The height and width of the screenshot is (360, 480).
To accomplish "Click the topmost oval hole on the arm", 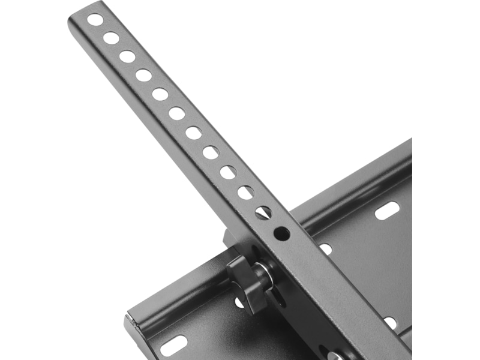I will click(95, 20).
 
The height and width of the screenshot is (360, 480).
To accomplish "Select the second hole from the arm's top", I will click(111, 38).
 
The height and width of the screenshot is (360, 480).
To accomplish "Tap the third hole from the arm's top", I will click(127, 57).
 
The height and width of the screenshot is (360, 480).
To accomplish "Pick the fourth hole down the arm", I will click(143, 76).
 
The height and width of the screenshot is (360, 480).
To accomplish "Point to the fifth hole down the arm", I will click(160, 94).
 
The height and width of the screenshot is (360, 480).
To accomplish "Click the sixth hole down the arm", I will click(177, 113).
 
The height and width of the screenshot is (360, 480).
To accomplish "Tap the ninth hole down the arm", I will click(228, 173).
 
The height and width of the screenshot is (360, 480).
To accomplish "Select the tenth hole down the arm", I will click(245, 193).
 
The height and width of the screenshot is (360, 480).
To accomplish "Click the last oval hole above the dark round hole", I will click(263, 212).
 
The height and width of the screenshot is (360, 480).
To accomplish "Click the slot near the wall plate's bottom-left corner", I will click(173, 346).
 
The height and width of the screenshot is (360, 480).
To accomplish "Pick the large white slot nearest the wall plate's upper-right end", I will click(387, 210).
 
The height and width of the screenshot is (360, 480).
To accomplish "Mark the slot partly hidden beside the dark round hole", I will click(325, 248).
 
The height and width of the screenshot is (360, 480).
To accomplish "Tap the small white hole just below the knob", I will click(239, 303).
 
